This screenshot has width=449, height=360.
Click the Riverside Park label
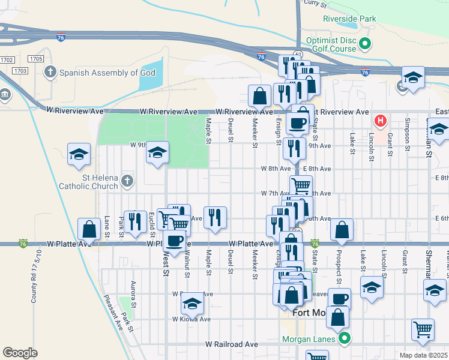pyautogui.click(x=349, y=19)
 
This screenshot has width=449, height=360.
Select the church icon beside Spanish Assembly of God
pyautogui.click(x=50, y=73)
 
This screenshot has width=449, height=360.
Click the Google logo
pyautogui.click(x=20, y=353)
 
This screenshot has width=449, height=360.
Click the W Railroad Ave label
pyautogui.click(x=231, y=344)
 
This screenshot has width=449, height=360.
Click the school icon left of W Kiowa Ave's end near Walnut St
pyautogui.click(x=192, y=304)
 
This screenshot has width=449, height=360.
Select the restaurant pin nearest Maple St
pyautogui.click(x=215, y=217)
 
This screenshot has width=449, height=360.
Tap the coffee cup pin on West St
pyautogui.click(x=174, y=241)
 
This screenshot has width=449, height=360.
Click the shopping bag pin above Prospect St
pyautogui.click(x=342, y=229)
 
